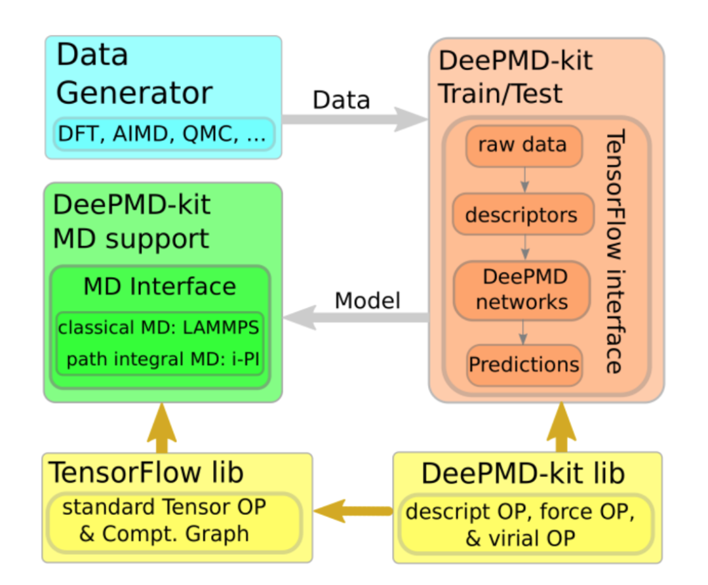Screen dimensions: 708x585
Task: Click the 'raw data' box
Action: click(524, 145)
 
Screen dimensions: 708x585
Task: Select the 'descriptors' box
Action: click(523, 214)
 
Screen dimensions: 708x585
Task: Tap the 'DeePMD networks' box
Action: click(522, 290)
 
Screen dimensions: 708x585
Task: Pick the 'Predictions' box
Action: click(524, 364)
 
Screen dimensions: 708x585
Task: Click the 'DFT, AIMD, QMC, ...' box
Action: click(164, 134)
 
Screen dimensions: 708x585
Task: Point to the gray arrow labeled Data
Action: click(355, 119)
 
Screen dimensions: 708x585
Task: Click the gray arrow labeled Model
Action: click(356, 318)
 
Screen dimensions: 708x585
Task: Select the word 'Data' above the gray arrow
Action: click(342, 100)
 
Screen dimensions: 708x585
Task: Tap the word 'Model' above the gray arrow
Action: click(368, 301)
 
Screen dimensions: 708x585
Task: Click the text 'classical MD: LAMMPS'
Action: click(159, 328)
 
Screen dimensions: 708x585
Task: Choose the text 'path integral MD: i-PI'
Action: click(163, 360)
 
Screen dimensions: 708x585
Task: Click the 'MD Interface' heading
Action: click(160, 286)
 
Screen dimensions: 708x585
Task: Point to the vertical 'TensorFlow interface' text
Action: click(615, 252)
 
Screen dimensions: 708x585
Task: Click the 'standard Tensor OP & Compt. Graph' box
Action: click(174, 522)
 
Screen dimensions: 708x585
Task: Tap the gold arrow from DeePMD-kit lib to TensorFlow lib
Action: click(353, 511)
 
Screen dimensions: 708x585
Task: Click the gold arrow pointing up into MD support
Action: click(162, 428)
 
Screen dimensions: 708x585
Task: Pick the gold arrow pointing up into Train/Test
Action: click(561, 427)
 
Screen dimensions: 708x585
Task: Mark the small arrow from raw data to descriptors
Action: click(524, 180)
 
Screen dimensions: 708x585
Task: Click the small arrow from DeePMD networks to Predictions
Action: click(523, 332)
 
